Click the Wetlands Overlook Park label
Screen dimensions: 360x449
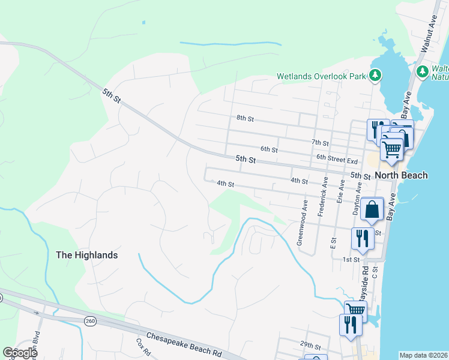click(x=321, y=76)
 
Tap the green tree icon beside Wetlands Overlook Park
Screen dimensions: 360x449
click(x=375, y=75)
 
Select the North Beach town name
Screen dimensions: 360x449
click(x=401, y=175)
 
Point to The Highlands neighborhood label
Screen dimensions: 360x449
click(x=86, y=255)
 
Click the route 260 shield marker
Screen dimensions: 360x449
click(x=90, y=321)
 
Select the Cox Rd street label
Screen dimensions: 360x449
click(x=142, y=346)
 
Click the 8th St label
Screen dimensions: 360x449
click(x=246, y=119)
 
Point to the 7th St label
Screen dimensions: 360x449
click(x=321, y=143)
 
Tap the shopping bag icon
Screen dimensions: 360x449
click(x=372, y=210)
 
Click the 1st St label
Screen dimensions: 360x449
click(x=351, y=259)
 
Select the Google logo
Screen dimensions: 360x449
click(x=20, y=352)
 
